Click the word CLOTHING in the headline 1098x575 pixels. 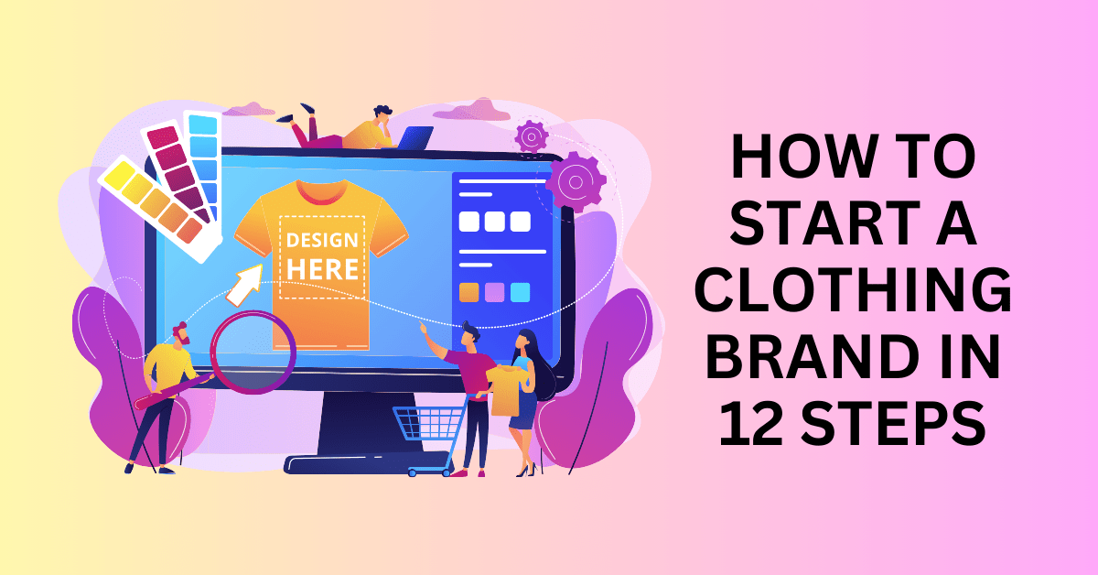coord(854,290)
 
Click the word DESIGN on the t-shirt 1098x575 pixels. coord(322,241)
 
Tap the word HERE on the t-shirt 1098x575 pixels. coord(322,269)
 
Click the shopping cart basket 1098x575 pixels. coord(428,422)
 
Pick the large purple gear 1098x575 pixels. coord(576,182)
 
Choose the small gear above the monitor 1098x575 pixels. coord(532,136)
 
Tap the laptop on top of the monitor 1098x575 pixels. coord(414,138)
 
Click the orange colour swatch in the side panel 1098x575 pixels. coord(469,292)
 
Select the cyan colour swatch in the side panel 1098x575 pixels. coord(520,292)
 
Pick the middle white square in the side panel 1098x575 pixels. coord(495,222)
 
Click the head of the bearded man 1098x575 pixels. coord(181,334)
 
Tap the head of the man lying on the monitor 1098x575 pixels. coord(382,115)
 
